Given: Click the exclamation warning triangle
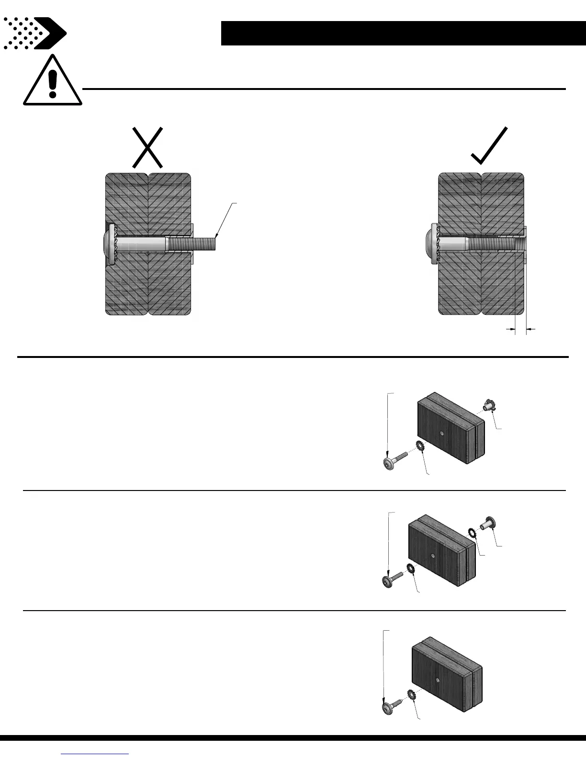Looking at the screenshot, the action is pyautogui.click(x=53, y=81).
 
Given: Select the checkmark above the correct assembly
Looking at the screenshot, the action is pyautogui.click(x=489, y=146).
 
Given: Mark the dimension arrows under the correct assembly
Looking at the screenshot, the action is pyautogui.click(x=521, y=329).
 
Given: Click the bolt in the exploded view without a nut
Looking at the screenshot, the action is pyautogui.click(x=392, y=703).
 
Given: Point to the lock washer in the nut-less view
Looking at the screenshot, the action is pyautogui.click(x=411, y=694).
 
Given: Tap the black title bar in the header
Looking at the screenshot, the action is pyautogui.click(x=403, y=33).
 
